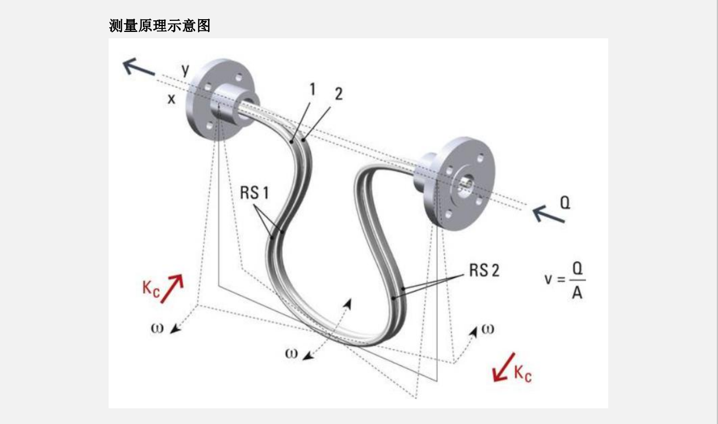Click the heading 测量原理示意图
click(160, 26)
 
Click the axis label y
click(185, 70)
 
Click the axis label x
click(171, 99)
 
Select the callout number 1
click(312, 89)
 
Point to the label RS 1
click(254, 193)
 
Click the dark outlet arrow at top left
click(139, 69)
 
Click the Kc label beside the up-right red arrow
click(151, 289)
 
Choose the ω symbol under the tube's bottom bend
click(291, 353)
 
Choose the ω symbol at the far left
click(157, 328)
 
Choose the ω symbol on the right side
click(488, 329)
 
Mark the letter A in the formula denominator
click(577, 293)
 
